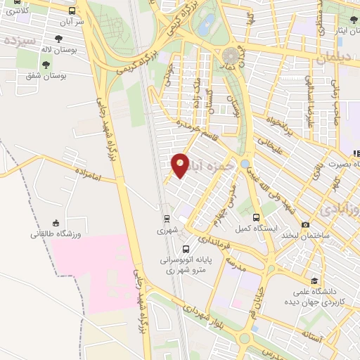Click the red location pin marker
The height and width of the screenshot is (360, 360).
[181, 165]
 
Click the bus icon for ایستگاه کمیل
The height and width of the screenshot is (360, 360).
[256, 218]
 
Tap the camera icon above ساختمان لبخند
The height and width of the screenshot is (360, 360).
[304, 225]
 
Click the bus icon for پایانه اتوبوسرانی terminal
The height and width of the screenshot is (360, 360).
[186, 249]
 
